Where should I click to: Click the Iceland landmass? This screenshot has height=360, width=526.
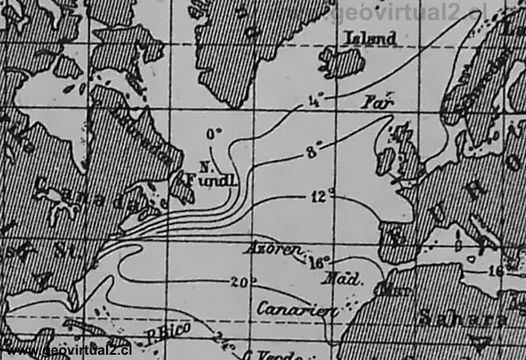pyautogui.click(x=343, y=62)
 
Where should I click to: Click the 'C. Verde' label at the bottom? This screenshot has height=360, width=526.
pyautogui.click(x=272, y=354)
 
